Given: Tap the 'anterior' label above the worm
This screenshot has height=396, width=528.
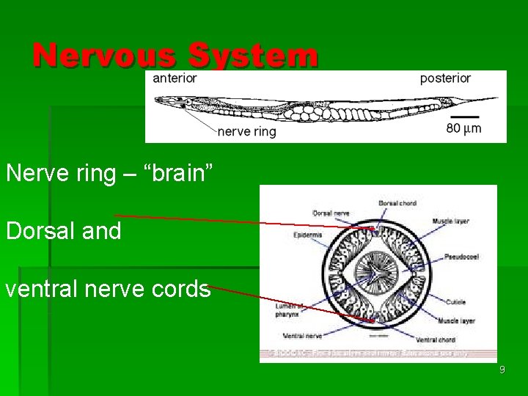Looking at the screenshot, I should (x=175, y=78).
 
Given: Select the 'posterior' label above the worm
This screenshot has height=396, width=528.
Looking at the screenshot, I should (x=445, y=78).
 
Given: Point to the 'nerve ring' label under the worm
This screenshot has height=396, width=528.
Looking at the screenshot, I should (x=246, y=132).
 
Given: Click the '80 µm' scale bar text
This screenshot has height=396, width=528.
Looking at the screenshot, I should (x=463, y=129).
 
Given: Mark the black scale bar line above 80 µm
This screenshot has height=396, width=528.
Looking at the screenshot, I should (x=464, y=116).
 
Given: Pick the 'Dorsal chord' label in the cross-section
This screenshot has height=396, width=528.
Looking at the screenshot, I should (x=397, y=202).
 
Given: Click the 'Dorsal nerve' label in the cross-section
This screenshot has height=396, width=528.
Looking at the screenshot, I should (x=330, y=213).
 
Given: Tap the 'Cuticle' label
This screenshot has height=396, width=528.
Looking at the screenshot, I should (x=455, y=301).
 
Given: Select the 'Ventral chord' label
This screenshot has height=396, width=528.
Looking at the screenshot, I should (x=435, y=340).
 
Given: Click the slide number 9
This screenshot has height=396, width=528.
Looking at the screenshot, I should (x=502, y=370).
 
